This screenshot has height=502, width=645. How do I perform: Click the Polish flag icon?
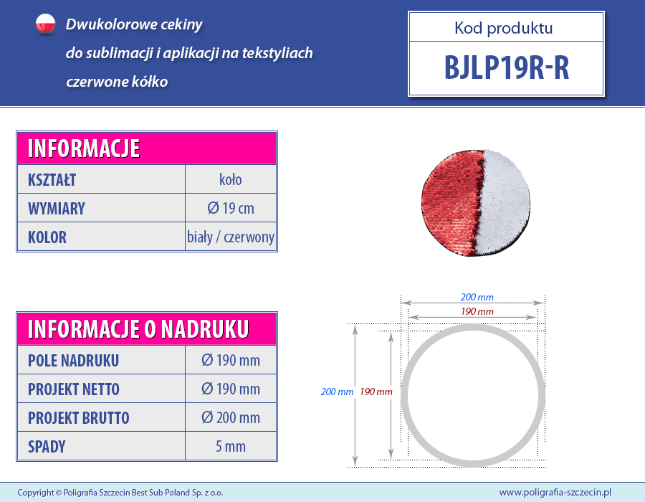coord(45,24)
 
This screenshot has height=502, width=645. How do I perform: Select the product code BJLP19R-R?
coord(507,67)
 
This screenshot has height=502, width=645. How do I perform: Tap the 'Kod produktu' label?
coord(504,28)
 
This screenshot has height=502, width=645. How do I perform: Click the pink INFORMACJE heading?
coord(84,148)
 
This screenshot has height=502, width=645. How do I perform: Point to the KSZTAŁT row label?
coord(52,180)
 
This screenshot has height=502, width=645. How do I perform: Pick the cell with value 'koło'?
coord(230,179)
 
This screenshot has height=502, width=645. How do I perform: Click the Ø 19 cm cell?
coord(230,208)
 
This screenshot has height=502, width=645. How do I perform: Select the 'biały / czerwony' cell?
coord(230,237)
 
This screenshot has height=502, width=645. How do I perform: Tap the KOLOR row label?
coord(47,237)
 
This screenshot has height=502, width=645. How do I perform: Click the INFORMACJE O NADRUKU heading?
coord(138,329)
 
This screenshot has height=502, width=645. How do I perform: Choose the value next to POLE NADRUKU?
coord(230,360)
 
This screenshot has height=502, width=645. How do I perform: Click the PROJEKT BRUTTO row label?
coord(79,418)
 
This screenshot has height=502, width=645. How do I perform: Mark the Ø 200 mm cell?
coord(230,417)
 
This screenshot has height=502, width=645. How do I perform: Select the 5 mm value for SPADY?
coord(230,447)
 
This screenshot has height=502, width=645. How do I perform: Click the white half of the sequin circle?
coord(505,202)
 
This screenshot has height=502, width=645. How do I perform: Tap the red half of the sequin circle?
coord(451,202)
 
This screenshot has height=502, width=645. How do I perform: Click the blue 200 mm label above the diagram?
coord(477,297)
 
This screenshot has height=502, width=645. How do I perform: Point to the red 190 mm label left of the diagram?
coord(376,392)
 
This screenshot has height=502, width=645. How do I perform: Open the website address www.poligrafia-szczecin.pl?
coord(555,492)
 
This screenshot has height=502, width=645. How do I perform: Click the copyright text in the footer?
coord(120,493)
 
